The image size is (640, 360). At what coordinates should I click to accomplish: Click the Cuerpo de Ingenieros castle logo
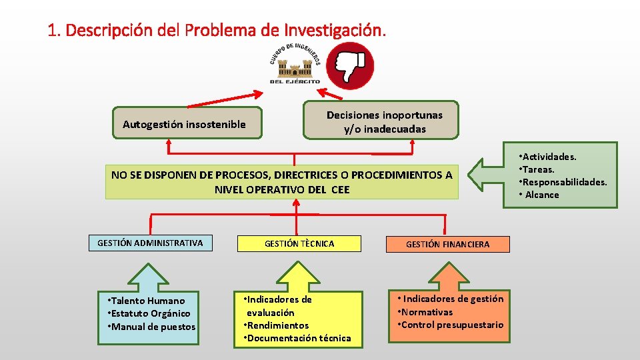pyautogui.click(x=295, y=65)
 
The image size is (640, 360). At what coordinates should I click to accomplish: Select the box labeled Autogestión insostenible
pyautogui.click(x=185, y=124)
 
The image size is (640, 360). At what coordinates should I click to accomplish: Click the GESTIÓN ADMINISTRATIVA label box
pyautogui.click(x=150, y=243)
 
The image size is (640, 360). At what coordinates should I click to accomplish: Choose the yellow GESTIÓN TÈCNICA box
pyautogui.click(x=299, y=244)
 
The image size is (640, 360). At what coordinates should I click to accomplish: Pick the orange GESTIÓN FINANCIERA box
pyautogui.click(x=447, y=245)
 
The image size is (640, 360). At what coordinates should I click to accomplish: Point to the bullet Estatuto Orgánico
pyautogui.click(x=151, y=313)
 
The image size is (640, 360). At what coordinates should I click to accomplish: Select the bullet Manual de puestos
pyautogui.click(x=153, y=327)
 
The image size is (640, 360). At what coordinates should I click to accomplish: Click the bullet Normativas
pyautogui.click(x=427, y=312)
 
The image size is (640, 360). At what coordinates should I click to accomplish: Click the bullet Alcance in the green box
pyautogui.click(x=542, y=195)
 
